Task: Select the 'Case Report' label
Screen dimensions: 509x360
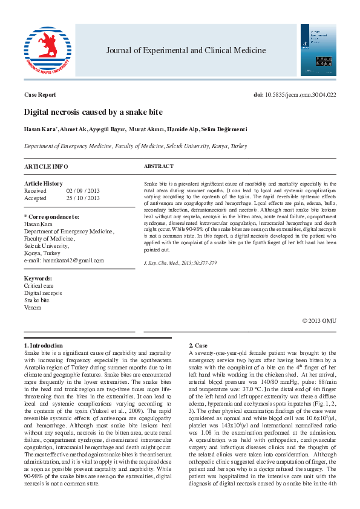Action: [40, 95]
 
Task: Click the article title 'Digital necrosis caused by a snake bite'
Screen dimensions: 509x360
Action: [93, 112]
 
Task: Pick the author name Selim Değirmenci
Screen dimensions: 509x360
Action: [225, 129]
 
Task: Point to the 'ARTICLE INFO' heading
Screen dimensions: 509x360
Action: [46, 166]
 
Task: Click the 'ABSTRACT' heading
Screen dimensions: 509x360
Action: [159, 166]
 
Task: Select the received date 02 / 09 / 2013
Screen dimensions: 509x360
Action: [83, 190]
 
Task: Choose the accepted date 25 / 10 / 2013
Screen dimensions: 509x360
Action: [83, 198]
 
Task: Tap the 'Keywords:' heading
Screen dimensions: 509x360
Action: [38, 278]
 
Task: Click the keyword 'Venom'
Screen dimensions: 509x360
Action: [33, 307]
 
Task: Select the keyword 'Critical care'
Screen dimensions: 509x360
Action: [39, 285]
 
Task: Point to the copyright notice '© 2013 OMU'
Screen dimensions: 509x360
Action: [319, 320]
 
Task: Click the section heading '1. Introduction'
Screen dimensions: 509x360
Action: [46, 345]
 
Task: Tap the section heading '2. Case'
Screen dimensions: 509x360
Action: [200, 345]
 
